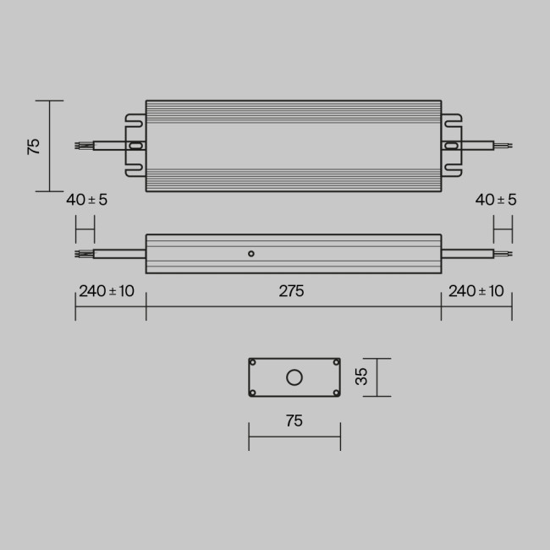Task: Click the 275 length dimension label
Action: click(291, 291)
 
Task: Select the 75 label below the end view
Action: click(294, 421)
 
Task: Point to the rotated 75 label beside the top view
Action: click(34, 146)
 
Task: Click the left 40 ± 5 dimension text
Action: click(87, 200)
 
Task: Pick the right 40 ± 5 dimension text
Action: click(496, 200)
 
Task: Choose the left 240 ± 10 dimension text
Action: click(107, 291)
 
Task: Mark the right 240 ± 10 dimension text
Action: click(476, 291)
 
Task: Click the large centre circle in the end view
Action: click(294, 377)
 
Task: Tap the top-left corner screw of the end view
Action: click(253, 363)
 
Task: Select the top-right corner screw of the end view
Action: click(336, 363)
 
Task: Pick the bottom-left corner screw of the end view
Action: click(253, 393)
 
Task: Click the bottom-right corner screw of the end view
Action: click(336, 393)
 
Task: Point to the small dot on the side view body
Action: click(250, 253)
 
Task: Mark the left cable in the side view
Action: click(118, 253)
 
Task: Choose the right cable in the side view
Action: click(466, 253)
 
